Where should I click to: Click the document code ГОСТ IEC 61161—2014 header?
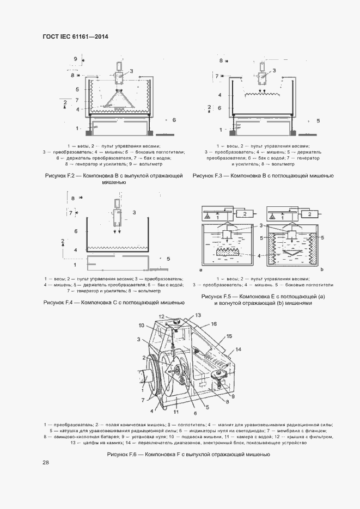[x=75, y=36]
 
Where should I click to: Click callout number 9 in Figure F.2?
[x=76, y=58]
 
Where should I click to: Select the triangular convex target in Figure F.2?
[x=119, y=101]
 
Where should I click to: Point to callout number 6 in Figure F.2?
[x=174, y=119]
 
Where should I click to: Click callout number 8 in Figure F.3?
[x=221, y=60]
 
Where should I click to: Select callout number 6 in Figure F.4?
[x=76, y=231]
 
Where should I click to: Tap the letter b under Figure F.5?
[x=322, y=269]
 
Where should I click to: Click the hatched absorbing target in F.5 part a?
[x=228, y=253]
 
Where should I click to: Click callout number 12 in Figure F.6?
[x=161, y=316]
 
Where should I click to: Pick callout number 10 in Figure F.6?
[x=141, y=326]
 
